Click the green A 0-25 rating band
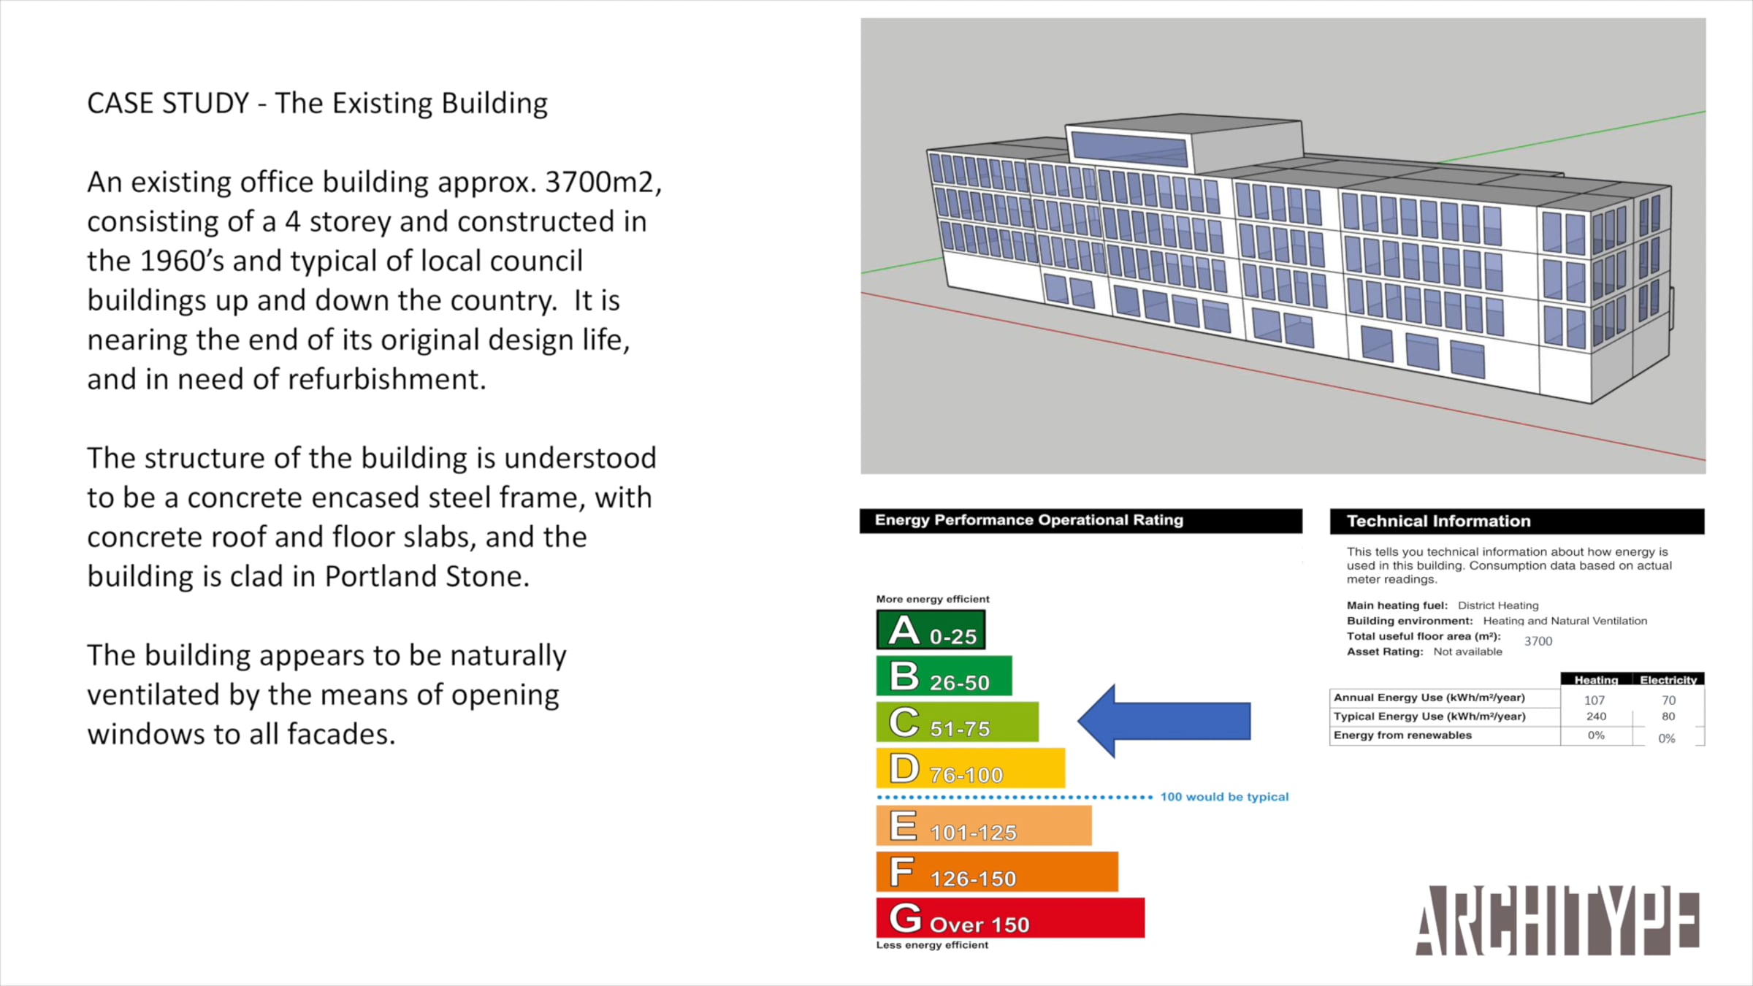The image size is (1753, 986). tap(931, 630)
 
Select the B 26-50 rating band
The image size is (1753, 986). tap(944, 676)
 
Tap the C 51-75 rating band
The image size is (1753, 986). tap(957, 722)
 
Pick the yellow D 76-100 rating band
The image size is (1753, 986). tap(971, 768)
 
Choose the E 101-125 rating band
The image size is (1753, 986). tap(984, 825)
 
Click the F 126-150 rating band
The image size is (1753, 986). tap(997, 871)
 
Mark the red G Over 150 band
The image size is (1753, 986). tap(1010, 917)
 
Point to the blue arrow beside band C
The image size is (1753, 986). tap(1164, 721)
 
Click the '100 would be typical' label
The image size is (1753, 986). tap(1224, 797)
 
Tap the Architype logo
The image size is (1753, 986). tap(1557, 920)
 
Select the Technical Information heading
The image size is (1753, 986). tap(1438, 521)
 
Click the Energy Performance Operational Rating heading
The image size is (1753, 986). tap(1028, 520)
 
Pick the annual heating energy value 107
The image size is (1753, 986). tap(1594, 700)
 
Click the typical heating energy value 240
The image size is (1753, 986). tap(1596, 716)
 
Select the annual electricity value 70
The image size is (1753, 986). tap(1668, 700)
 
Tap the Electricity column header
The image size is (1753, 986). tap(1668, 679)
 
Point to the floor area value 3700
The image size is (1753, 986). tap(1538, 641)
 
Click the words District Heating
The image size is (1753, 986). tap(1498, 605)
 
